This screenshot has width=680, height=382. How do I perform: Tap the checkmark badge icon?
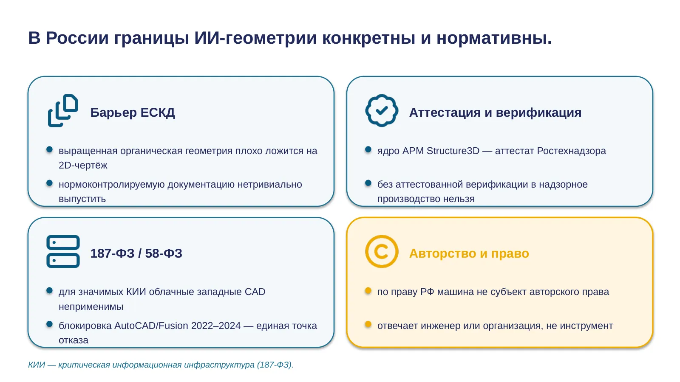coord(382,110)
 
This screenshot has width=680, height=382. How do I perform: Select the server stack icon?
coord(63,252)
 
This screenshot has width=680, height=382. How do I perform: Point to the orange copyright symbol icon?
coord(382,251)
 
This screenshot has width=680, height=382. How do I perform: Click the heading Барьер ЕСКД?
coord(133,112)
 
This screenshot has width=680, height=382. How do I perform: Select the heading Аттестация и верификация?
coord(495,112)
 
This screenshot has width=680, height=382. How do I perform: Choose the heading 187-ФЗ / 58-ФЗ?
coord(136,253)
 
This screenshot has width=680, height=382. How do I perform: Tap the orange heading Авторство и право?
coord(469,253)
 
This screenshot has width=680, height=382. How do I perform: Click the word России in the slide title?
coord(77,38)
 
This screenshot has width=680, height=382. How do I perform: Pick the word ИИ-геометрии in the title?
coord(255,39)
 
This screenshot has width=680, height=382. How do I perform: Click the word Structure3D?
coord(453,151)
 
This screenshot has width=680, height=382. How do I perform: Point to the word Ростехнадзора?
coord(571,151)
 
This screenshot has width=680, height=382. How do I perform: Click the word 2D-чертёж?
coord(83,165)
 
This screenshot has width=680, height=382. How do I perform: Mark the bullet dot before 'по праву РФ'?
coord(368,291)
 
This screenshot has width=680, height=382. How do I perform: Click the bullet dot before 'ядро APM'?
coord(368,149)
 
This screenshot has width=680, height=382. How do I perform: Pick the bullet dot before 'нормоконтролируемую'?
coord(49,183)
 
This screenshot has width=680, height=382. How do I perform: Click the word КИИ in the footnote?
coord(37,365)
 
